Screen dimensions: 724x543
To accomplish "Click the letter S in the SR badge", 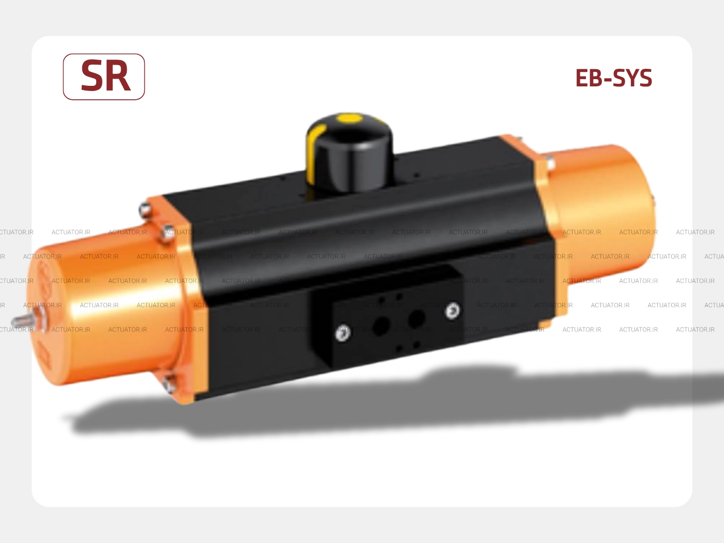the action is click(92, 76).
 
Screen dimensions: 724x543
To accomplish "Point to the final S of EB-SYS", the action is click(644, 78).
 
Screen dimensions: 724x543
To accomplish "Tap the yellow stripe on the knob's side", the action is click(313, 153).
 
